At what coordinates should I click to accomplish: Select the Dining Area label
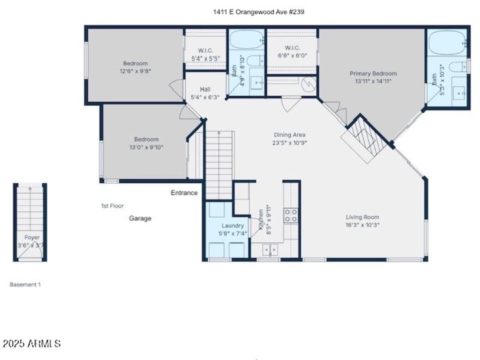pos(290,135)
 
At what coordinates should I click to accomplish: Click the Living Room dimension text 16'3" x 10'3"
pos(362,225)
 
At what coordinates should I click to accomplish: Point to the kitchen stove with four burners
pos(291,215)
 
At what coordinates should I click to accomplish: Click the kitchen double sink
pos(269,249)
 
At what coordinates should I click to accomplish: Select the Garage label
pos(140,218)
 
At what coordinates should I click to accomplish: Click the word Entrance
pos(184,193)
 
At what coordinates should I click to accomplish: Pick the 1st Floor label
pos(112,206)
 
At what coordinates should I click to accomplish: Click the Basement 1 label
pos(25,285)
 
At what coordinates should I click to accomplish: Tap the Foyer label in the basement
pos(31,238)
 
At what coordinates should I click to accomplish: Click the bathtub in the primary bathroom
pos(446,41)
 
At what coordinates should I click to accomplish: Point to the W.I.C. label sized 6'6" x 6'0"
pos(292,48)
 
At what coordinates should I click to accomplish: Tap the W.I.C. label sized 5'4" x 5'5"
pos(205,51)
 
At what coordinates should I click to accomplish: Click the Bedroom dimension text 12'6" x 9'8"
pos(135,70)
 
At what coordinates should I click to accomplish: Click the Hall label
pos(205,89)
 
